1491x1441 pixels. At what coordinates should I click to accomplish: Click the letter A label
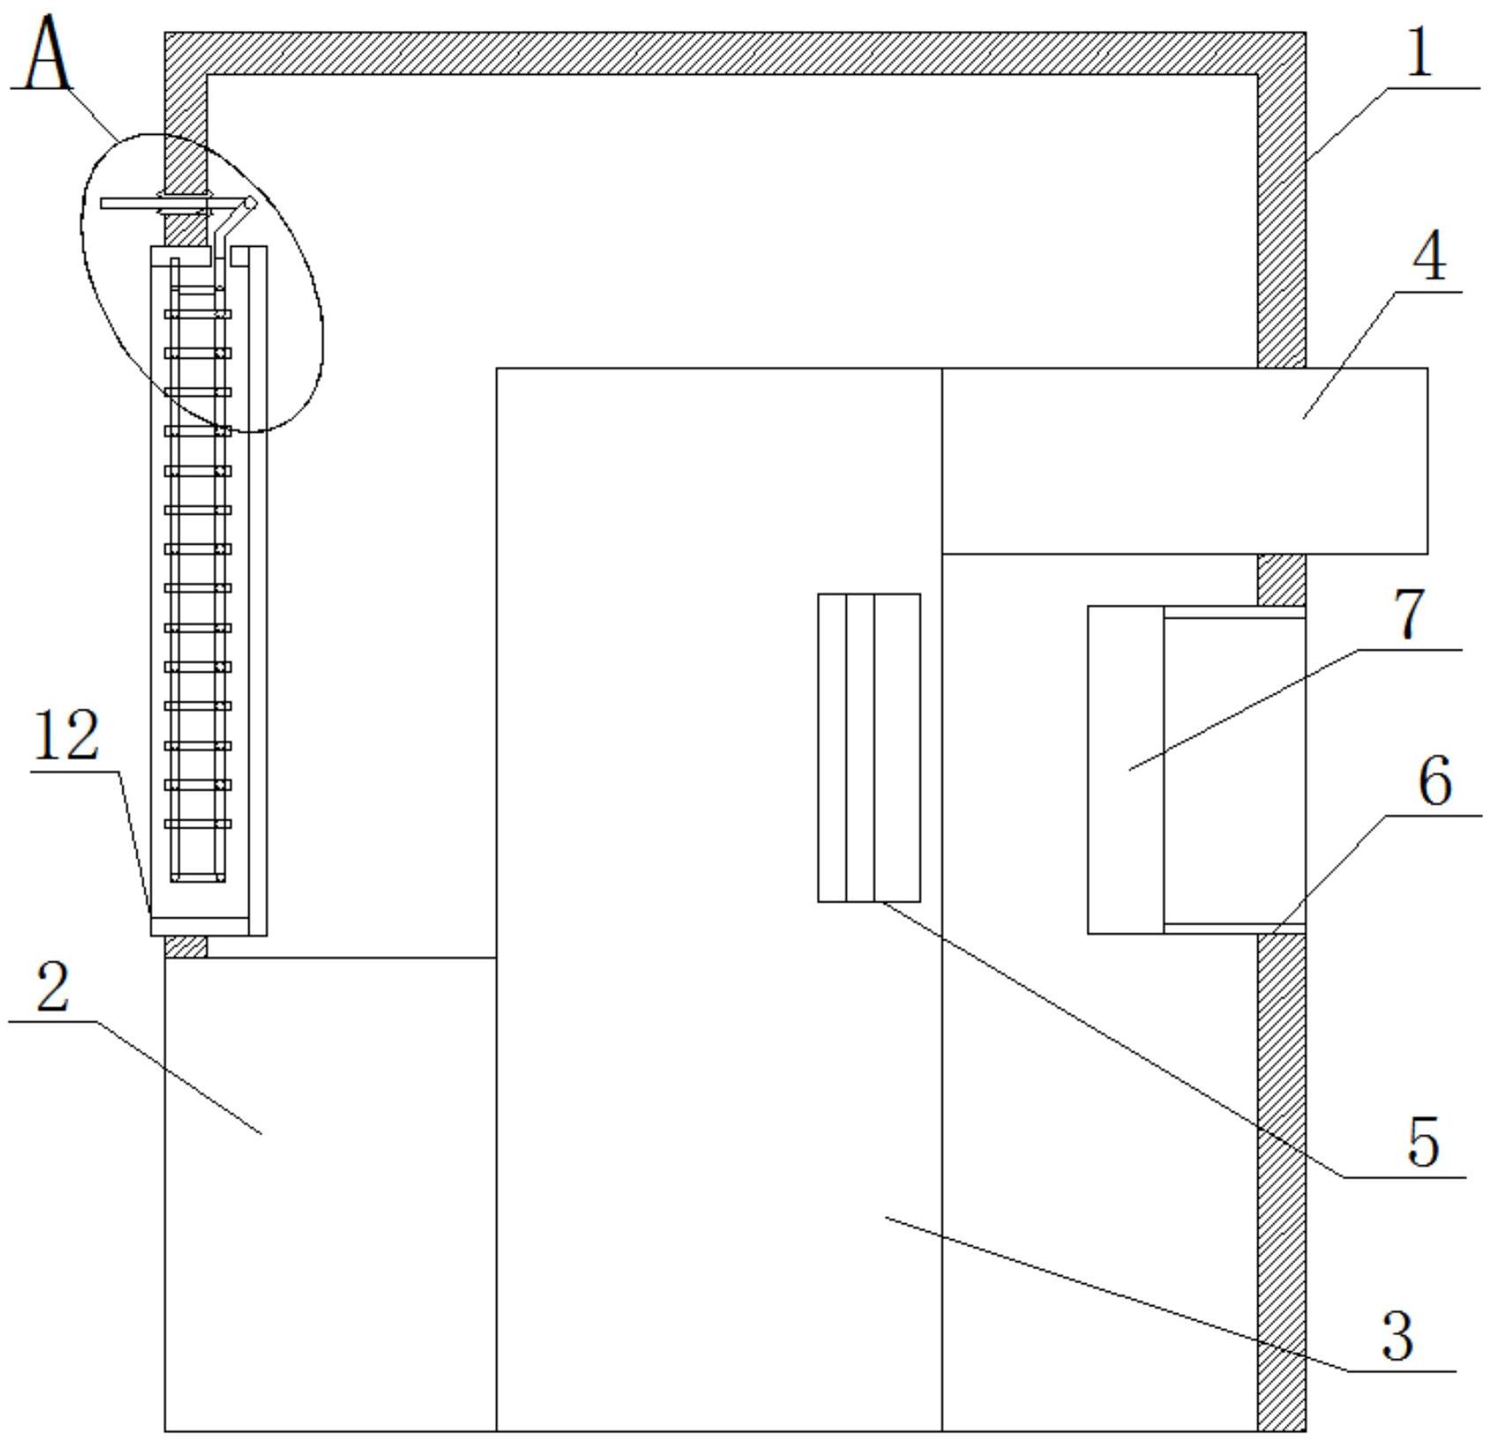pyautogui.click(x=46, y=55)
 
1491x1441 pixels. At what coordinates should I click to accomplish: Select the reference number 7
pyautogui.click(x=1410, y=614)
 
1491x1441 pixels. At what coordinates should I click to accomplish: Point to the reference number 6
pyautogui.click(x=1435, y=782)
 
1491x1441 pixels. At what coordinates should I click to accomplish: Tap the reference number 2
pyautogui.click(x=53, y=989)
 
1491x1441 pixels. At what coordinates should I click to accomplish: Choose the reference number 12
pyautogui.click(x=66, y=736)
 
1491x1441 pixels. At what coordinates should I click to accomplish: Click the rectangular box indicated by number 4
pyautogui.click(x=1184, y=461)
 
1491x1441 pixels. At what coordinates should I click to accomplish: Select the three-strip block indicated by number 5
pyautogui.click(x=869, y=747)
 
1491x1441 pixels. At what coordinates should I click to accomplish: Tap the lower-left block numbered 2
pyautogui.click(x=330, y=1194)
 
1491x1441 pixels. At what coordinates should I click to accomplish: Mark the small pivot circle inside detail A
pyautogui.click(x=250, y=204)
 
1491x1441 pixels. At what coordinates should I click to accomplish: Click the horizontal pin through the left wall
pyautogui.click(x=154, y=204)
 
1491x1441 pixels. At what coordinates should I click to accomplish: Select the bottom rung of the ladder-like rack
pyautogui.click(x=198, y=824)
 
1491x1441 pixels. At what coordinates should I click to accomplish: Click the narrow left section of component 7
pyautogui.click(x=1125, y=769)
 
